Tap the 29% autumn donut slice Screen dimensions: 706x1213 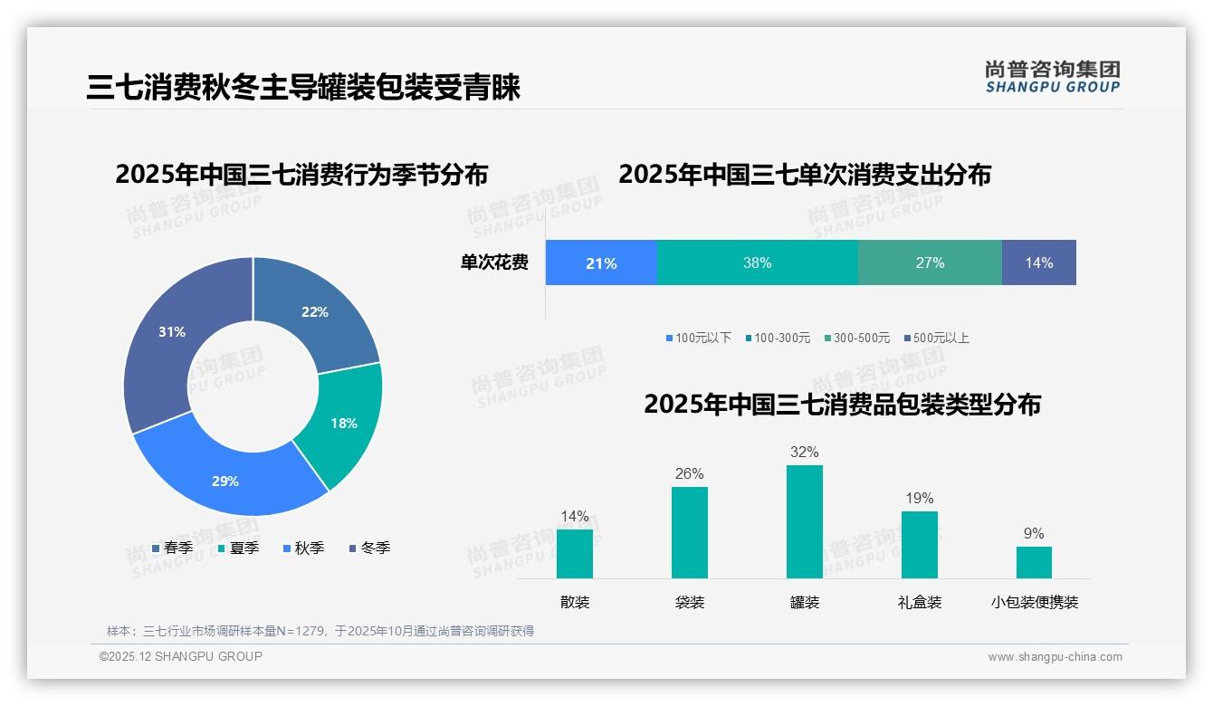coord(226,480)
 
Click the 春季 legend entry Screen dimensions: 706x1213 coord(172,548)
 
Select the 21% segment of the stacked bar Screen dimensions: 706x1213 coord(601,263)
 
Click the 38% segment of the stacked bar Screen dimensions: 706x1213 coord(757,263)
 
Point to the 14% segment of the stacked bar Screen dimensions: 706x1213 coord(1038,263)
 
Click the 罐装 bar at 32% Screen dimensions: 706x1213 coord(804,521)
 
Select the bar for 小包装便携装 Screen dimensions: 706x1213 coord(1034,562)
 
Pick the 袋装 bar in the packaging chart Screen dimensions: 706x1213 coord(689,532)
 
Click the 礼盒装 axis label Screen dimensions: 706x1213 coord(919,602)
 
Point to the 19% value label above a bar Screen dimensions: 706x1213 coord(919,499)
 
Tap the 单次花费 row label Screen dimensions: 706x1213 coord(494,263)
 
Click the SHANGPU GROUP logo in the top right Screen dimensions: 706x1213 coord(1052,77)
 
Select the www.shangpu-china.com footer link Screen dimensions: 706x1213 coord(1055,657)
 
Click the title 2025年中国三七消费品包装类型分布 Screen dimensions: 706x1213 coord(842,404)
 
